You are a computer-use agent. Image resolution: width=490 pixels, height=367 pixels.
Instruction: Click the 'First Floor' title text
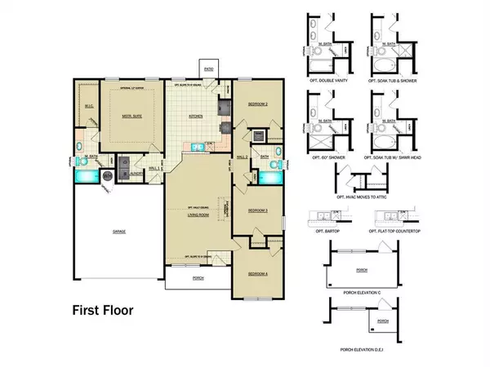pos(100,310)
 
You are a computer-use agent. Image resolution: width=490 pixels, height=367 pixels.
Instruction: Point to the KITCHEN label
pos(196,117)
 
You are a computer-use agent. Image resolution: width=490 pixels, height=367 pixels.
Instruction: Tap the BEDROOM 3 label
pos(258,210)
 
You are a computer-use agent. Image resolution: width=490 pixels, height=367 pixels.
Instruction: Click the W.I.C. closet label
pos(89,106)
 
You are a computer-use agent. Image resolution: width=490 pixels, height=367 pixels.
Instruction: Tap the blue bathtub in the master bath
pos(85,174)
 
